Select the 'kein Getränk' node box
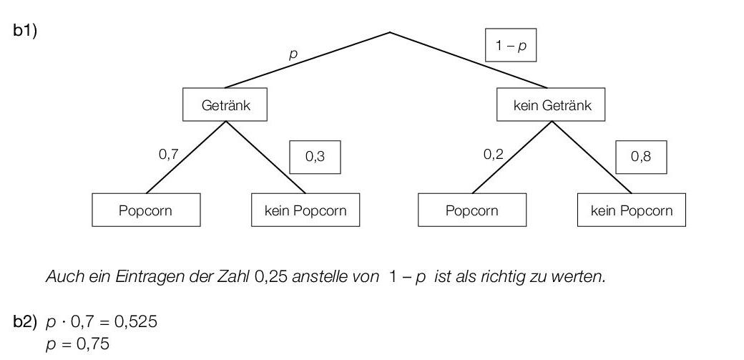552,106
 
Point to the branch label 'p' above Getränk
292,54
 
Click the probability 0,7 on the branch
168,155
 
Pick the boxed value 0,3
315,157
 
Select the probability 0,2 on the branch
494,155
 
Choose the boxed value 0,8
641,157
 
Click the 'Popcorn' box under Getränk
146,210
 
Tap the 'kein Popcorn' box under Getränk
305,210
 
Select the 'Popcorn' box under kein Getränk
471,210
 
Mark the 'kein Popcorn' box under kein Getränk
631,210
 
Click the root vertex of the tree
390,32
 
